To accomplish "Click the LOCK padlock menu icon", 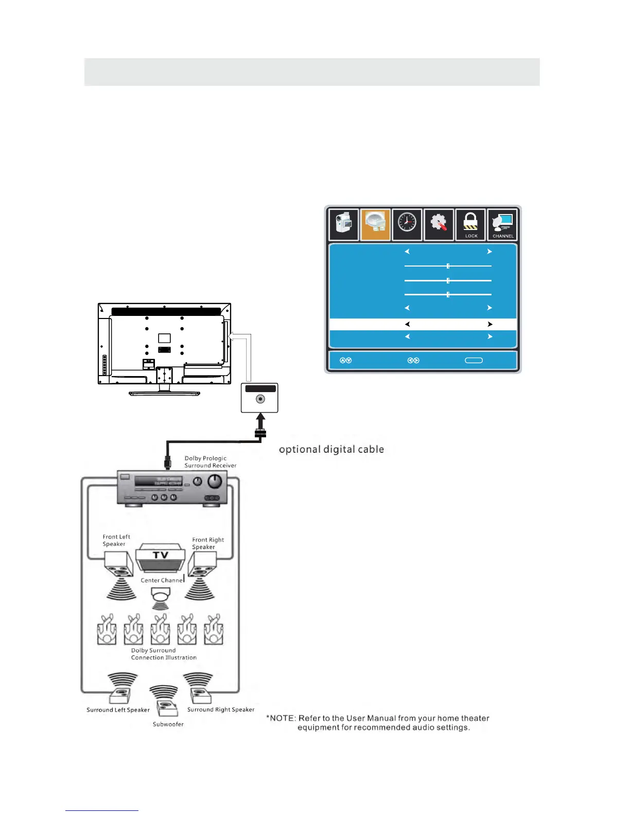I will click(470, 225).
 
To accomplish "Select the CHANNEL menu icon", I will click(502, 225).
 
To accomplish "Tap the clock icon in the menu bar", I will click(407, 224).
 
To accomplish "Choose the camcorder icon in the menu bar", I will click(344, 224).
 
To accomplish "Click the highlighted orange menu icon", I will click(375, 224).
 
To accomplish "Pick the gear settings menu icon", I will click(439, 224).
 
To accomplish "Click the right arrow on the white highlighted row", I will click(490, 324).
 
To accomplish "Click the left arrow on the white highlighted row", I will click(407, 324).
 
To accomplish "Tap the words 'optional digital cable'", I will click(331, 449).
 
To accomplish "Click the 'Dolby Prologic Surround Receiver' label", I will click(210, 462).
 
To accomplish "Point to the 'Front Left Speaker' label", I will click(116, 540).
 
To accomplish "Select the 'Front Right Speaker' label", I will click(208, 543).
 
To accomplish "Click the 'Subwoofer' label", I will click(168, 724).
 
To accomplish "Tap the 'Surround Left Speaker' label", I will click(118, 710).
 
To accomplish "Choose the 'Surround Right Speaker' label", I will click(221, 709).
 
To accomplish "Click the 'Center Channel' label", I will click(162, 580).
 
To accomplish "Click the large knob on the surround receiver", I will click(214, 481).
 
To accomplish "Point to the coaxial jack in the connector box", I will click(260, 399).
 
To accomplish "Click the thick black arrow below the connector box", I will click(260, 422).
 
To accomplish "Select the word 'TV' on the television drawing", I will click(161, 555).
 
